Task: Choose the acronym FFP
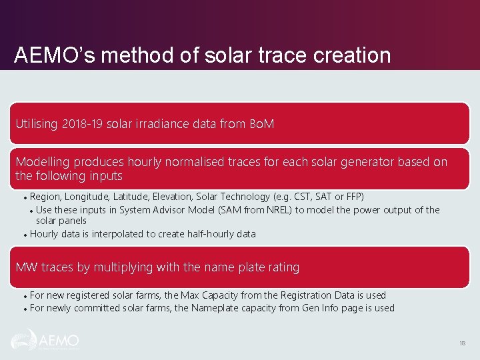point(354,197)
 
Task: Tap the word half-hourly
point(204,234)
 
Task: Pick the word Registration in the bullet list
point(301,295)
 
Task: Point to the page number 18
point(462,343)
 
